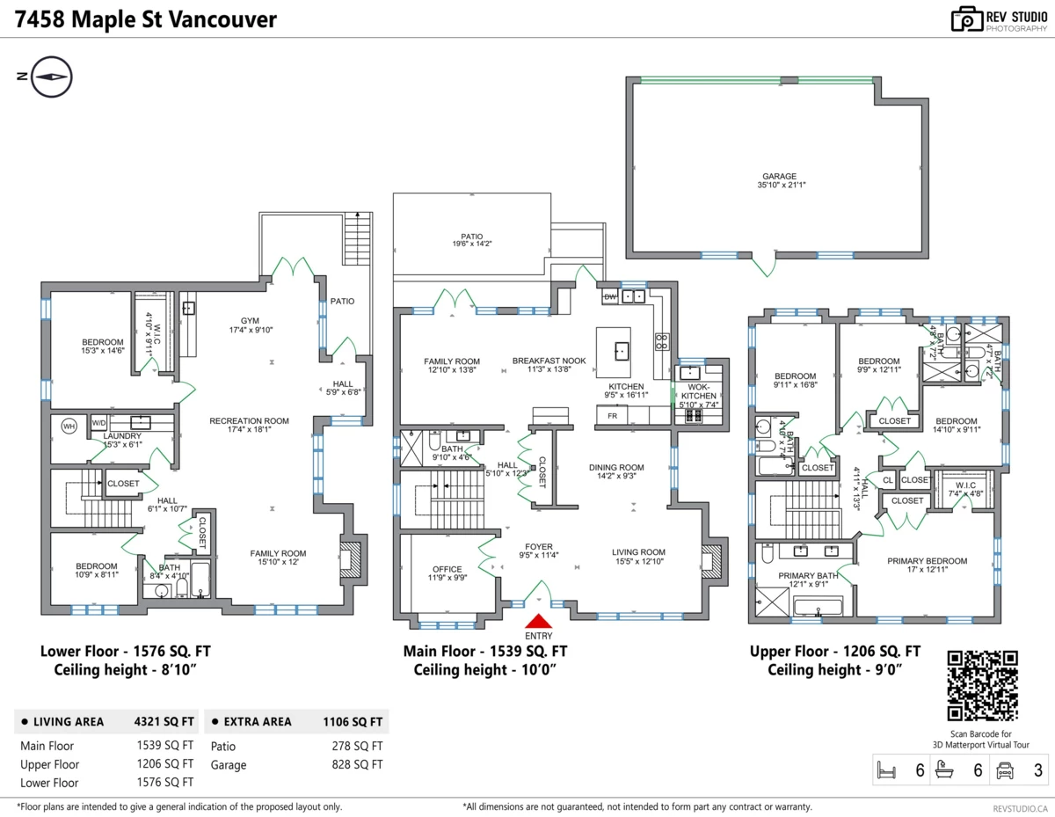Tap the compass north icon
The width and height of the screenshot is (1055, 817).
[x=52, y=77]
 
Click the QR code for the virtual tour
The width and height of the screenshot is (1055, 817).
[x=983, y=685]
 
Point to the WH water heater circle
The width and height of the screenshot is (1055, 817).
[x=69, y=427]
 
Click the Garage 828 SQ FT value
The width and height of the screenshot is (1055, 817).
[x=355, y=765]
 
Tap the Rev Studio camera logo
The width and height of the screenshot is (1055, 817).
[x=967, y=19]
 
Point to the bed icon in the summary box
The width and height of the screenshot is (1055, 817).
[x=887, y=771]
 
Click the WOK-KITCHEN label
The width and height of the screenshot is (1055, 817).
[x=699, y=391]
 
